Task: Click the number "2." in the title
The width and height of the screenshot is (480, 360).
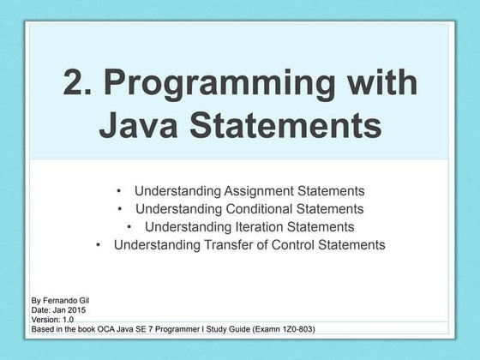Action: pos(80,83)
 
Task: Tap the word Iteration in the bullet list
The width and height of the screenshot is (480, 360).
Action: pos(265,226)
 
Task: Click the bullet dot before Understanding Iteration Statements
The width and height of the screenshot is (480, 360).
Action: pos(129,226)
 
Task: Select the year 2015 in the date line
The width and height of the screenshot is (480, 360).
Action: pos(76,309)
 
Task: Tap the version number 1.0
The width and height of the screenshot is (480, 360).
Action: pos(66,319)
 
